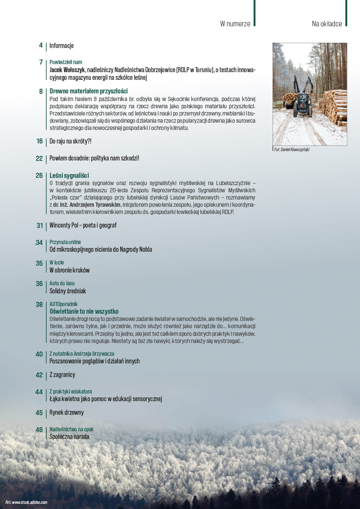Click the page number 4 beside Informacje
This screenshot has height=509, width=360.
click(41, 45)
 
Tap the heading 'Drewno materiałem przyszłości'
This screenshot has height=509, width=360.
click(88, 91)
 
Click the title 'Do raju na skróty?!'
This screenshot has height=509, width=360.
click(70, 141)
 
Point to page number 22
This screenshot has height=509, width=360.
click(39, 158)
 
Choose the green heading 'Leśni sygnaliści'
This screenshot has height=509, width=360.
click(69, 175)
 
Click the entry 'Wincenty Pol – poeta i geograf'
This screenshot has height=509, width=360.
click(83, 225)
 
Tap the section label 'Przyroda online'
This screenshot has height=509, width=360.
click(65, 242)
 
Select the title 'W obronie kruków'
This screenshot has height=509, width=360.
click(70, 270)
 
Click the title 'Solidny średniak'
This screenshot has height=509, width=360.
click(68, 291)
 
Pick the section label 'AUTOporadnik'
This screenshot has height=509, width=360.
click(64, 304)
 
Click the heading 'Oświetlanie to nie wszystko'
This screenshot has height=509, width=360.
click(84, 311)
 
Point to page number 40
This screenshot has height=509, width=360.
click(39, 354)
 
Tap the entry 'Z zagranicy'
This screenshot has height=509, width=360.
click(62, 375)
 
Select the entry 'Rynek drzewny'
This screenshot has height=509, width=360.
click(67, 413)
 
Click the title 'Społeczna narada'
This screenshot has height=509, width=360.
click(69, 436)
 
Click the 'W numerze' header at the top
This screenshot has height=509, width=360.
click(235, 24)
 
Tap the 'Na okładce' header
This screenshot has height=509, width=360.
click(327, 24)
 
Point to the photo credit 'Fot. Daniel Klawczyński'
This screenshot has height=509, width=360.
click(292, 149)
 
